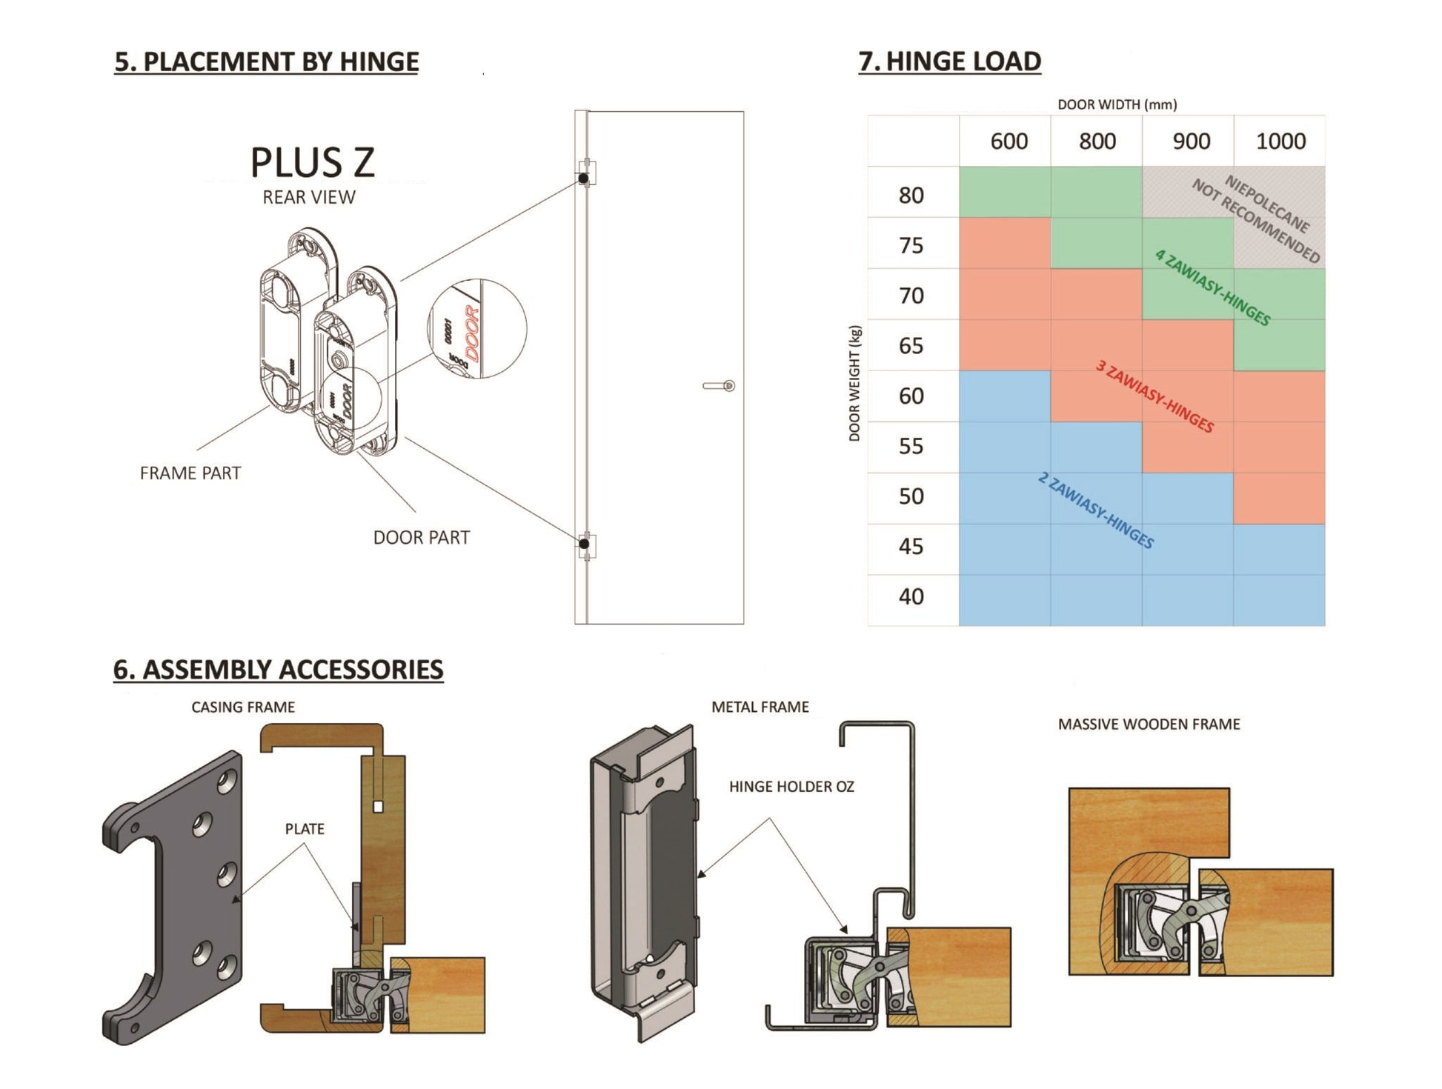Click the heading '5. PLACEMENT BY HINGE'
(266, 61)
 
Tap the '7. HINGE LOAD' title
(949, 61)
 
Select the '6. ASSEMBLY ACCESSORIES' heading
(278, 670)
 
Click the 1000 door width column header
(1280, 141)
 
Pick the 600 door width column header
(1009, 141)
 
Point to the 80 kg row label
(911, 195)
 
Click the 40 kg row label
(911, 596)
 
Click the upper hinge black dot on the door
(583, 179)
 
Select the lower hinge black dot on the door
(584, 544)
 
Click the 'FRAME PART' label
(190, 473)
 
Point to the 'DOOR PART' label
(421, 538)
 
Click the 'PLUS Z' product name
(312, 163)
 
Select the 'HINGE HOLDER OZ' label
(791, 787)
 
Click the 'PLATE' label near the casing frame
(305, 829)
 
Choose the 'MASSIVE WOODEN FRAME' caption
(1149, 725)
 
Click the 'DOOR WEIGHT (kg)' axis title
(854, 383)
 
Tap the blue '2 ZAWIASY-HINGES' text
(1095, 511)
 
